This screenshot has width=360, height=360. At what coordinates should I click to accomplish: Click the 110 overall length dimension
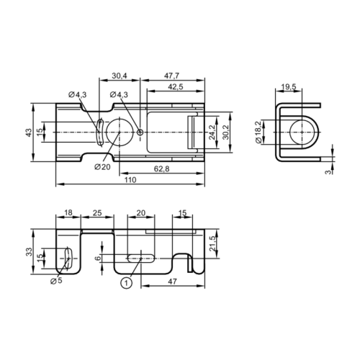(x=130, y=179)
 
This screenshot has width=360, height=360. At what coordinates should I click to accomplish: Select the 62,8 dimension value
(x=161, y=168)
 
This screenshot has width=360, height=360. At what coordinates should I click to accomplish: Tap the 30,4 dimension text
(x=120, y=76)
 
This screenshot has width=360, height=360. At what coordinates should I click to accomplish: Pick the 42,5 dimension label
(x=176, y=86)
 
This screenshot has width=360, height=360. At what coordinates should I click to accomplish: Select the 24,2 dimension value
(x=211, y=132)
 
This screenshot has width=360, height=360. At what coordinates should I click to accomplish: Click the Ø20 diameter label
(x=102, y=166)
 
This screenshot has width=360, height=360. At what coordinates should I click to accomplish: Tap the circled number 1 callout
(x=126, y=283)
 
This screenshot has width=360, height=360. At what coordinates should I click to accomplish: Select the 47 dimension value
(x=171, y=283)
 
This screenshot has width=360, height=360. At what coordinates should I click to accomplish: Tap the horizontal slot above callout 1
(x=143, y=257)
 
